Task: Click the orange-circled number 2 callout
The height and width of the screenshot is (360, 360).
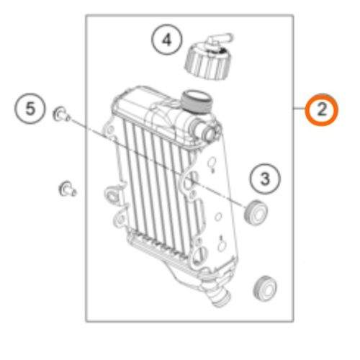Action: (322, 109)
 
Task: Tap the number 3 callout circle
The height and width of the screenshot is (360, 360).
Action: (265, 179)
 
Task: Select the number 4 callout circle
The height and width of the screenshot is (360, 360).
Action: (167, 40)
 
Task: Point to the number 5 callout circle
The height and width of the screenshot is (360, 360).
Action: (30, 109)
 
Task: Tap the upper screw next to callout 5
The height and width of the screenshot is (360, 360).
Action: (61, 114)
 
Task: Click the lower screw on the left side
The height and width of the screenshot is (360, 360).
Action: (68, 189)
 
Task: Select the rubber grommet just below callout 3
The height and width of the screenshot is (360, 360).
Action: (256, 212)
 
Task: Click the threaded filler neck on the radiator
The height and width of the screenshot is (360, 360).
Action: (197, 102)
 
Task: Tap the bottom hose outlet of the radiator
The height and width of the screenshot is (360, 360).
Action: (217, 294)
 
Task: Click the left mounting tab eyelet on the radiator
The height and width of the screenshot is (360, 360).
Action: (112, 194)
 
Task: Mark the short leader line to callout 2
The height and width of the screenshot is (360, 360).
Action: (300, 109)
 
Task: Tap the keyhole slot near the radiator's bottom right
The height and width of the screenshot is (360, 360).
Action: (222, 243)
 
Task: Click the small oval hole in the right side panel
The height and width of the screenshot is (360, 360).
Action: (218, 217)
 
